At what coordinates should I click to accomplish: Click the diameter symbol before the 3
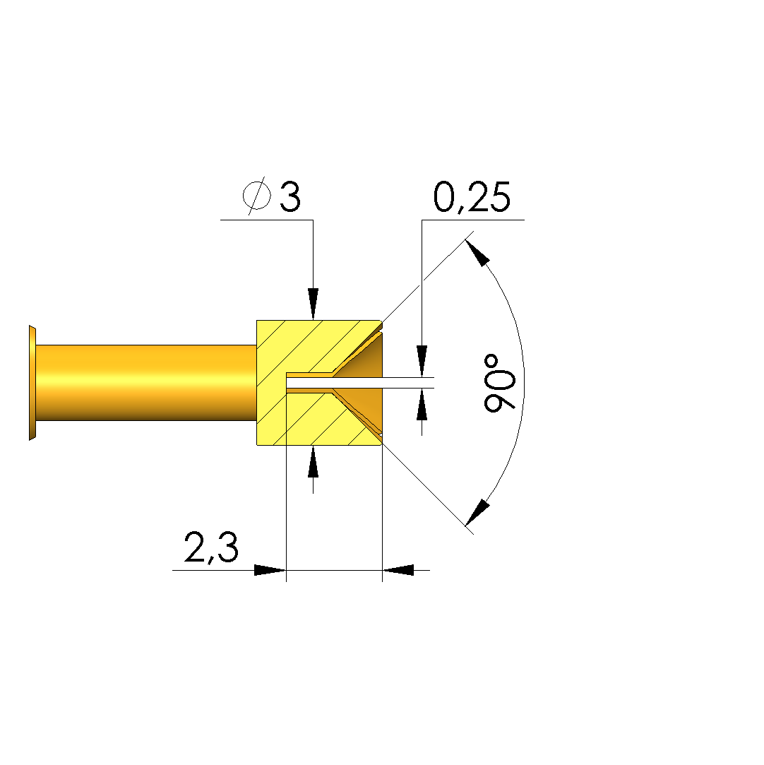257,196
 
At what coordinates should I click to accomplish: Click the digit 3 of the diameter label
290,196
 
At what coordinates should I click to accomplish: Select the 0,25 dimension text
472,197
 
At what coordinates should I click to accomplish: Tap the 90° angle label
499,383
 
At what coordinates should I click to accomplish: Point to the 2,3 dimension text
211,547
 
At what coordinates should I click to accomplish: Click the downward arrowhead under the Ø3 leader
313,304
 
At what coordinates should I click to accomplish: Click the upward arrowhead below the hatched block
313,461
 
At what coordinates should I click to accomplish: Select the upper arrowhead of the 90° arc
478,253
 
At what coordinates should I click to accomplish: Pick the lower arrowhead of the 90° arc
478,512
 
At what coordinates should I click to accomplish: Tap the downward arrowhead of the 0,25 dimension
422,361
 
